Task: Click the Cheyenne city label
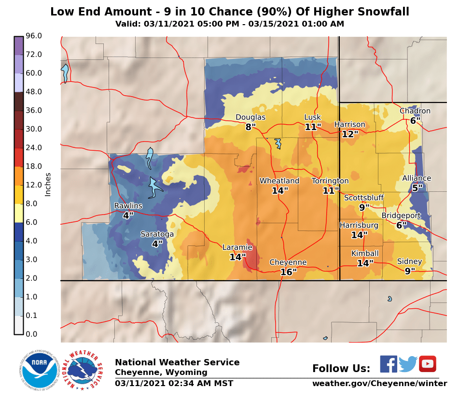[x=288, y=262]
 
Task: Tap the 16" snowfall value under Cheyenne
[x=288, y=273]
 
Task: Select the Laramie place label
[x=237, y=247]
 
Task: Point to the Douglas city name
[x=250, y=117]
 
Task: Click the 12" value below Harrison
[x=350, y=135]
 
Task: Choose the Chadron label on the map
[x=415, y=111]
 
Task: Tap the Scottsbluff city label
[x=363, y=198]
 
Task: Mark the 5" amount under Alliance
[x=417, y=188]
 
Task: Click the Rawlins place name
[x=128, y=206]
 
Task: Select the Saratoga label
[x=157, y=234]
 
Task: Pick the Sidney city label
[x=409, y=261]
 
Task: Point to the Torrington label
[x=330, y=181]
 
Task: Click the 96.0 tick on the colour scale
[x=34, y=36]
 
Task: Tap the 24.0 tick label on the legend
[x=34, y=148]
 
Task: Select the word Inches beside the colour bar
[x=48, y=184]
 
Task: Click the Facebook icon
[x=389, y=364]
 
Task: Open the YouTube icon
[x=427, y=364]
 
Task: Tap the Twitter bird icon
[x=408, y=364]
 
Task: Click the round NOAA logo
[x=39, y=370]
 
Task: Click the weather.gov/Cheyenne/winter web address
[x=379, y=384]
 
